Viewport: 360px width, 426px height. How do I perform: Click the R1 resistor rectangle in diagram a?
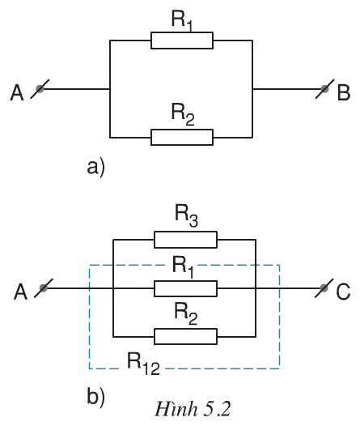coord(182,41)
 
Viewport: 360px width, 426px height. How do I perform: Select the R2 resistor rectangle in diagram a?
coord(182,137)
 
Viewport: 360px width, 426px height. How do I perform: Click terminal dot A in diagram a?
coord(39,89)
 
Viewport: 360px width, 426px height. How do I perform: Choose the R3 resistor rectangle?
coord(185,240)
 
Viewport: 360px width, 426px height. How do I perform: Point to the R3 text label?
coord(186,216)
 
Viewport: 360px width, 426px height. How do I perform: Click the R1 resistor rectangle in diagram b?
coord(185,288)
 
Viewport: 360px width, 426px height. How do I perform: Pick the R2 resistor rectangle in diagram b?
coord(185,335)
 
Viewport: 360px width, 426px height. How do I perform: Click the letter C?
coord(344,291)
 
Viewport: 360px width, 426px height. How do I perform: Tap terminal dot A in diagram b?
coord(43,287)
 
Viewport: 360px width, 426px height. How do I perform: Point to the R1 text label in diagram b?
coord(186,266)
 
